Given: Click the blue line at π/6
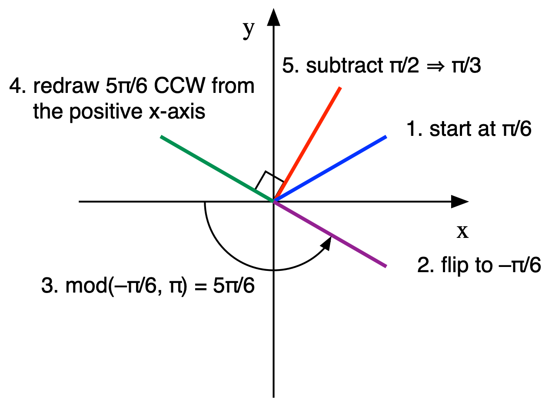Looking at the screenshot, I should tap(330, 169).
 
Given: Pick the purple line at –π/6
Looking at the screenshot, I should tap(330, 234).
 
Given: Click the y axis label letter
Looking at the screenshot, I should tap(248, 29).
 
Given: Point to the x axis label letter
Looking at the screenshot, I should tap(462, 232).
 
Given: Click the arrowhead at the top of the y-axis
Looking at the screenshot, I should tap(273, 17).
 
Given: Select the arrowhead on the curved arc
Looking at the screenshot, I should tap(326, 243).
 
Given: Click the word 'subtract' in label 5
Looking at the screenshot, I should tap(340, 66).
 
